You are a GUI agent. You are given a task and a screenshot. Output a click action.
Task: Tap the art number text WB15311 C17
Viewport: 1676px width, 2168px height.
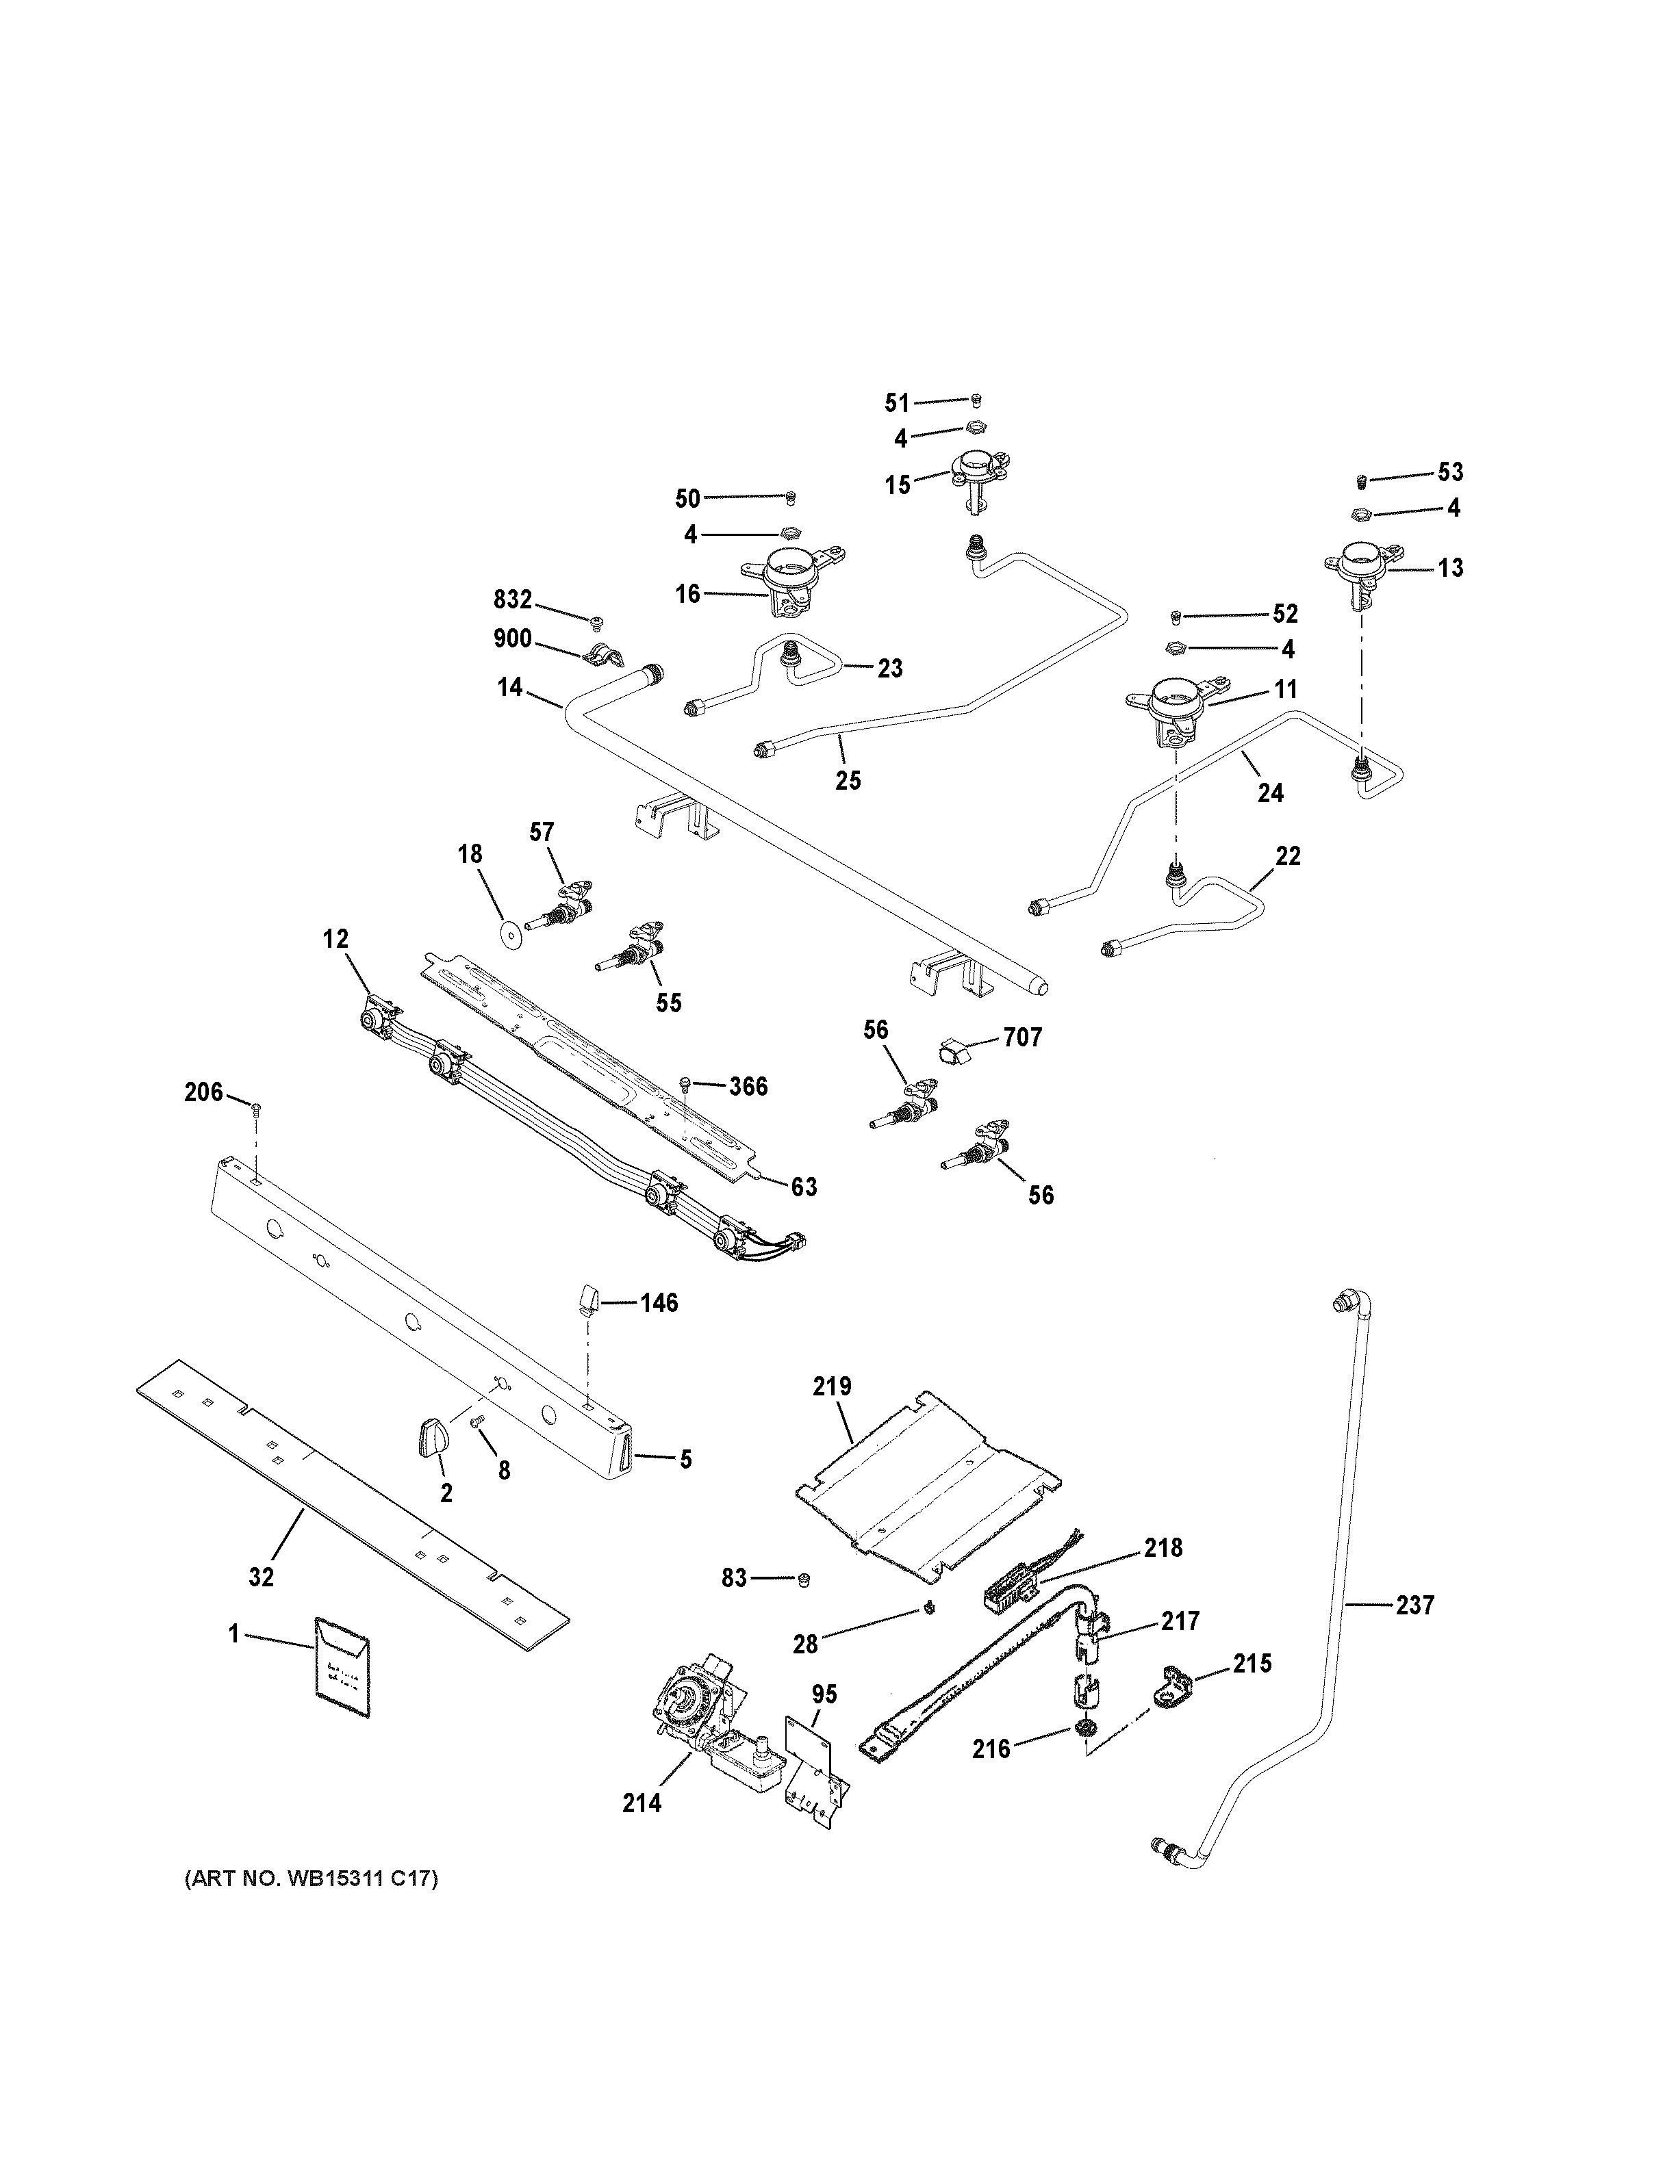(311, 1879)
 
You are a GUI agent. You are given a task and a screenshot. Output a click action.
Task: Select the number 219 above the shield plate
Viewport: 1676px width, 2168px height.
(832, 1386)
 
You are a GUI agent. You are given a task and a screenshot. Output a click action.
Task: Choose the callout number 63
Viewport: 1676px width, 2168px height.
(803, 1185)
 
